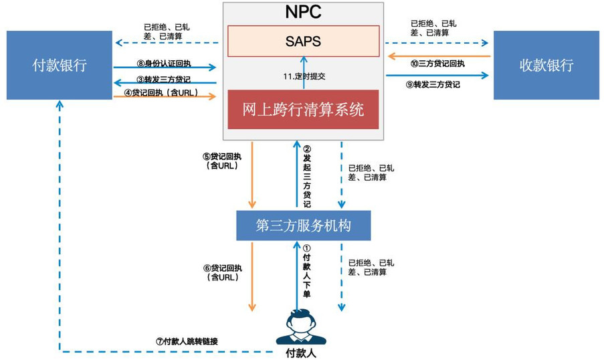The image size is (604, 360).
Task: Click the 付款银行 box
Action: [60, 65]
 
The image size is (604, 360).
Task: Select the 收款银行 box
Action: [546, 65]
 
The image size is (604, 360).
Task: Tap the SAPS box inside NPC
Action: [304, 41]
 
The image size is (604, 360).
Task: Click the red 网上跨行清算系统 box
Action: [303, 110]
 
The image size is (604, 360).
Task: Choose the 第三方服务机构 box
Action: [304, 226]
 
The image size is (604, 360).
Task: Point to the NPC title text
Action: [303, 12]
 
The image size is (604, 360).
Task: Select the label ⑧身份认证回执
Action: [164, 64]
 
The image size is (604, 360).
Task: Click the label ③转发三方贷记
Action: [164, 80]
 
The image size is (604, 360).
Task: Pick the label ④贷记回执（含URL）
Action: [161, 93]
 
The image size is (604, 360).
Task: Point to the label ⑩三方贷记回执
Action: [437, 64]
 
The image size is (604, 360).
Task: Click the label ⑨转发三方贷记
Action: [433, 84]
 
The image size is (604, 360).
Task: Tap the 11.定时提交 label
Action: [304, 76]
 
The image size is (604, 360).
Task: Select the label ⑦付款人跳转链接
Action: [187, 341]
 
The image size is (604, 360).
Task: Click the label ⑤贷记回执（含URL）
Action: [222, 161]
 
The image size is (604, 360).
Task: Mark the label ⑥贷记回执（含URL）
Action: [223, 272]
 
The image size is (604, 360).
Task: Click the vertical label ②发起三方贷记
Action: [307, 177]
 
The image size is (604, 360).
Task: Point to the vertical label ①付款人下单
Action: [306, 271]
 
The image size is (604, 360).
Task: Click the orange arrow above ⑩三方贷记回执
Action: [439, 56]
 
